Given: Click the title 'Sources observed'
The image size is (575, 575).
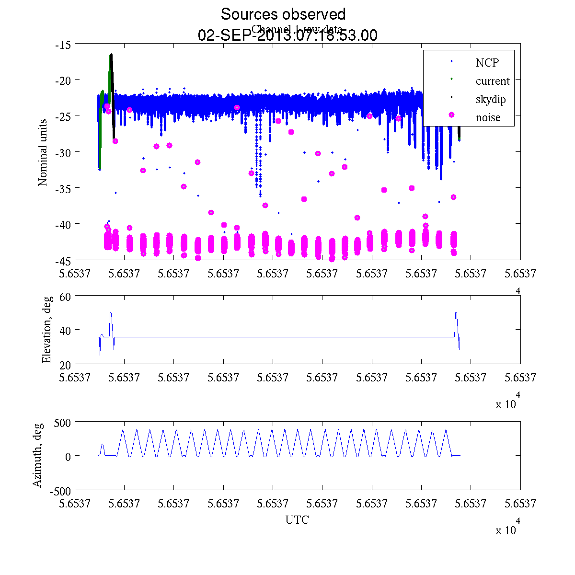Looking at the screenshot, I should click(x=283, y=14).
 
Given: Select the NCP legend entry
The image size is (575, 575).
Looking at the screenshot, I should click(x=487, y=63).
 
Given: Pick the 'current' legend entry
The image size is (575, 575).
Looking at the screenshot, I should click(x=493, y=81).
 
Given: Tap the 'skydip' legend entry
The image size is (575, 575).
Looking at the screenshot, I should click(x=491, y=99).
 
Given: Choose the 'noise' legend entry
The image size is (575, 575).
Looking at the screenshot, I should click(x=488, y=117).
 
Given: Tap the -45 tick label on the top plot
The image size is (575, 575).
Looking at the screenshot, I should click(x=63, y=261).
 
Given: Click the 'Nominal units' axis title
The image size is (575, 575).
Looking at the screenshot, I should click(x=43, y=152).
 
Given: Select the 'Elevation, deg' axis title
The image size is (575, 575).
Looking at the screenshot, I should click(x=46, y=330).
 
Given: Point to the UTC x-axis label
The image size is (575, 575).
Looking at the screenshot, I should click(x=297, y=520).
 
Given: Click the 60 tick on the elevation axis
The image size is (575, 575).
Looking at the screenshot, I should click(x=66, y=297).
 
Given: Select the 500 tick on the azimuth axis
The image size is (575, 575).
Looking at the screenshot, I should click(x=62, y=423).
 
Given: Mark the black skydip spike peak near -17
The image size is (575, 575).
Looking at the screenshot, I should click(x=111, y=55).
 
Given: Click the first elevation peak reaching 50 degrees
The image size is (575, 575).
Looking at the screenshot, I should click(x=111, y=313).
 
